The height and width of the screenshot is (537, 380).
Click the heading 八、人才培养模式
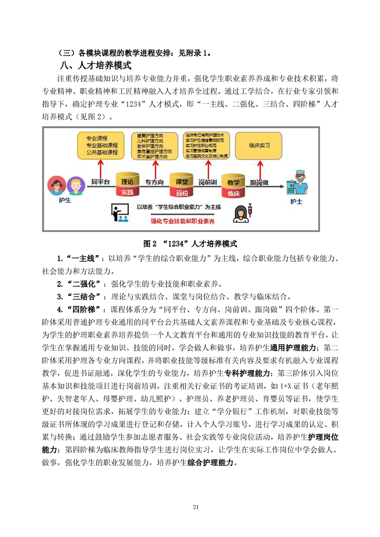95,65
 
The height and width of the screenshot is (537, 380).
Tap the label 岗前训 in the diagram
207,182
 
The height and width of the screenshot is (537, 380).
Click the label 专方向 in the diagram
154,182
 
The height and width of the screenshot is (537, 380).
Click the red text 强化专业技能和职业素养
183,221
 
